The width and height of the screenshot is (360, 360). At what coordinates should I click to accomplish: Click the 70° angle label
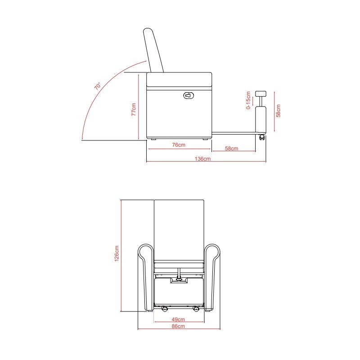coord(97,85)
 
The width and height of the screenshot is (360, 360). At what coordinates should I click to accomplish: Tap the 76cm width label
coord(179,145)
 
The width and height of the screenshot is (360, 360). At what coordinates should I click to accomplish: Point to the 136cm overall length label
coord(203,159)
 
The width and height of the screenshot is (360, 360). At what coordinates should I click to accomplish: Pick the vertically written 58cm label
coord(279,111)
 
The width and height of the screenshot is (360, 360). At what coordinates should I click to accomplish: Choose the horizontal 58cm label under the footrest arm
coord(231,148)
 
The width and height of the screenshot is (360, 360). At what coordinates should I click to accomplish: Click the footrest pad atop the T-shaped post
coord(260,93)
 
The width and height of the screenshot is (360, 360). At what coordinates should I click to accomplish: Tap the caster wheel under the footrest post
coord(261,138)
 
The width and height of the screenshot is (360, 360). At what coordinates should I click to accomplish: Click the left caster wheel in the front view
coord(165,309)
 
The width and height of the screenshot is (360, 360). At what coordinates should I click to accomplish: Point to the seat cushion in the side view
coord(179,80)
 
